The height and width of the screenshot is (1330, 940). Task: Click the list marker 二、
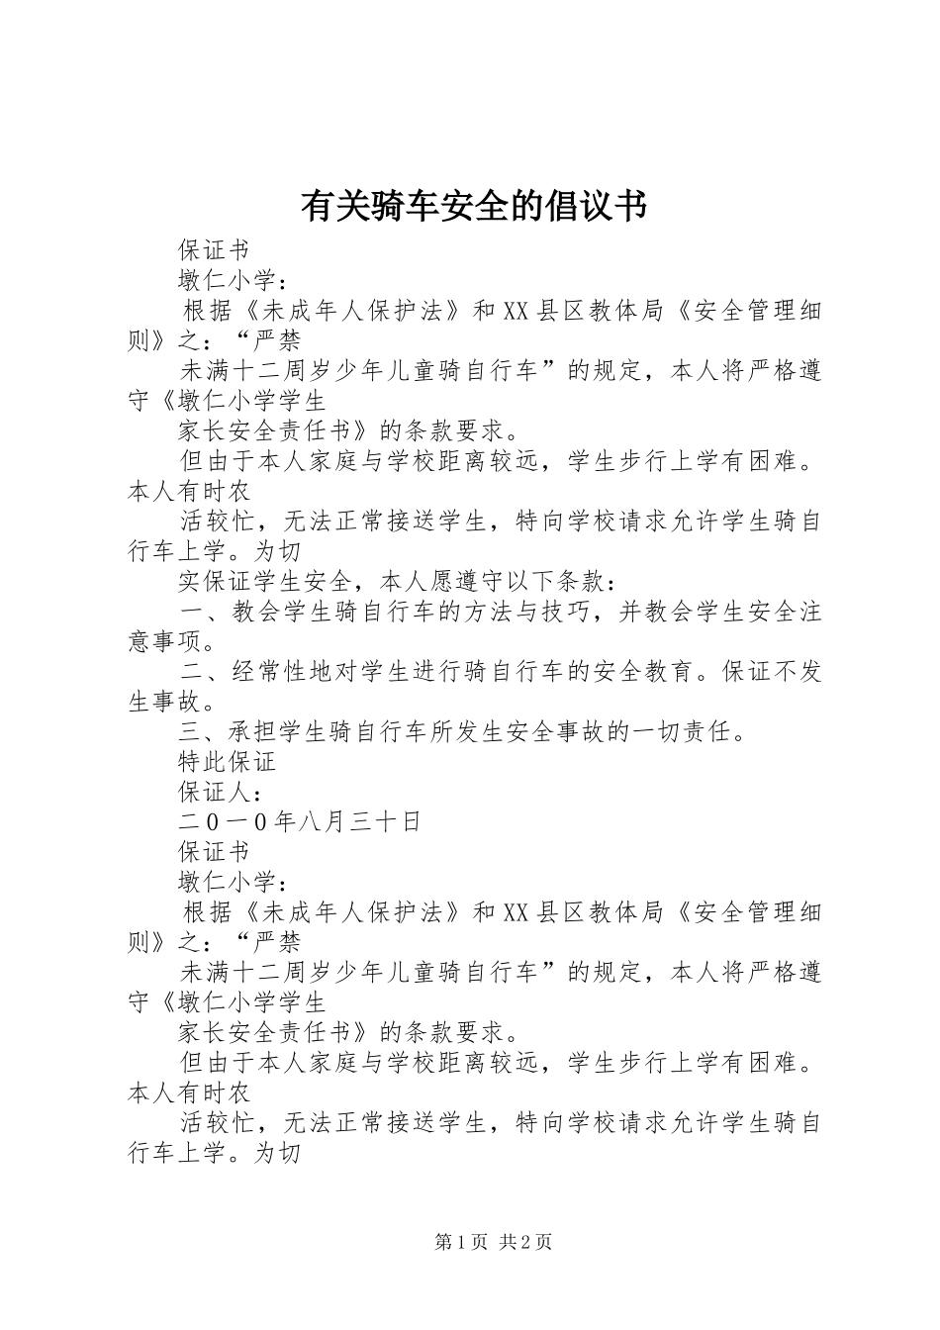[204, 672]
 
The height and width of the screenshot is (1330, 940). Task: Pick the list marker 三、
[204, 732]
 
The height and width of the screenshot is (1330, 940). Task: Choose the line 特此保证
[227, 762]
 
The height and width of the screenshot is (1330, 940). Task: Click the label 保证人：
[220, 792]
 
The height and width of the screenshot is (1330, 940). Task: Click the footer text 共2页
[526, 1242]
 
